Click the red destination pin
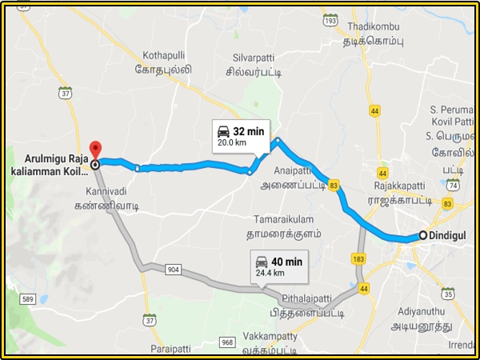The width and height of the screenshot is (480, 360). point(95,150)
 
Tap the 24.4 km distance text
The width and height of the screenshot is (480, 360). point(269,274)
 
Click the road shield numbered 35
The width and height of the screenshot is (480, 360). point(448,294)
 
